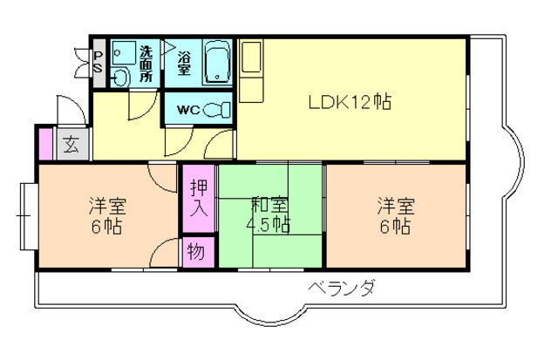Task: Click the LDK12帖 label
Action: click(x=349, y=102)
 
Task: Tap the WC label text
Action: click(x=189, y=110)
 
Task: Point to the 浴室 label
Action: click(x=185, y=62)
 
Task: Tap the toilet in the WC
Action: click(x=221, y=110)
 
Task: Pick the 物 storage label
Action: click(x=196, y=253)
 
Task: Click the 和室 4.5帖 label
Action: click(x=270, y=214)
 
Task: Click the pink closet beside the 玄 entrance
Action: click(x=44, y=145)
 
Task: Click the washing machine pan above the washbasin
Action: click(x=123, y=53)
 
